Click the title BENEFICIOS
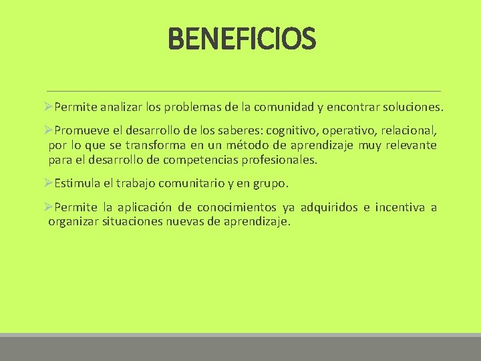tap(241, 38)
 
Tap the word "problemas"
tap(206, 107)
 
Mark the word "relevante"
tap(410, 145)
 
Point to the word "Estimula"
tap(75, 183)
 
